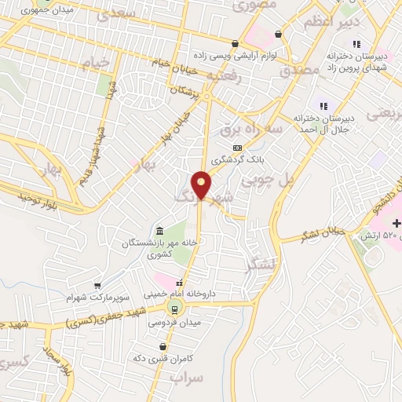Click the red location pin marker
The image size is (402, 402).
click(202, 185)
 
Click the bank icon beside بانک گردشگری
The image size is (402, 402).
click(237, 148)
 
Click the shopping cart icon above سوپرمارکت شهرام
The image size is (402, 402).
click(97, 286)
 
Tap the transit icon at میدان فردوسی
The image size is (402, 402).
click(174, 309)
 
